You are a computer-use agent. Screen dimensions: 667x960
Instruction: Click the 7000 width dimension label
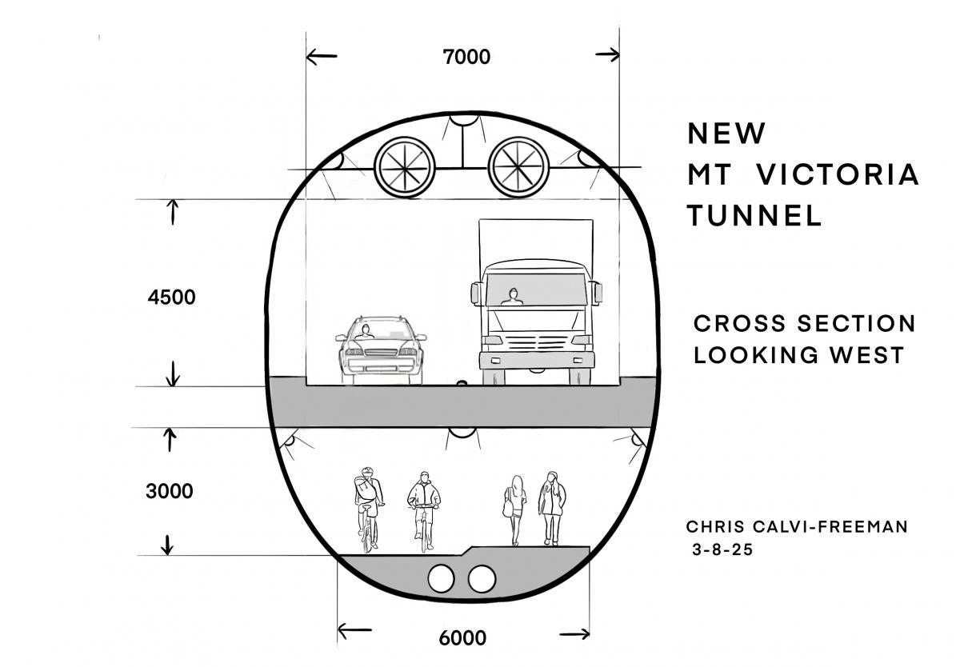click(x=466, y=57)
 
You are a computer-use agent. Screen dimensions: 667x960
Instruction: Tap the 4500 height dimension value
click(x=171, y=298)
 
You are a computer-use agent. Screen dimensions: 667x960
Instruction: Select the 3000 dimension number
click(x=169, y=491)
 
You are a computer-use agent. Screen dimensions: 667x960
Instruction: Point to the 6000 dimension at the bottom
click(x=462, y=638)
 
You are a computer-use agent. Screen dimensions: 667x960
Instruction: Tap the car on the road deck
click(x=380, y=349)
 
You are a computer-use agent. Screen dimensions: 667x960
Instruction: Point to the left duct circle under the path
click(x=442, y=578)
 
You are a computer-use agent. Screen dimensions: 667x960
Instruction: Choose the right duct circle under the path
click(x=482, y=578)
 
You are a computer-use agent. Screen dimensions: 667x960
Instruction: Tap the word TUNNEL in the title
click(x=754, y=215)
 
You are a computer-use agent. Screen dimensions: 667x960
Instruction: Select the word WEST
click(x=869, y=354)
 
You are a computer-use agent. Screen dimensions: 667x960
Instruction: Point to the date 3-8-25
click(x=722, y=550)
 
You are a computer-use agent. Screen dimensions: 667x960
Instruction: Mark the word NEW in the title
click(x=726, y=133)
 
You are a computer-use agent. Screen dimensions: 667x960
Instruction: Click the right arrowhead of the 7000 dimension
click(x=611, y=55)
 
